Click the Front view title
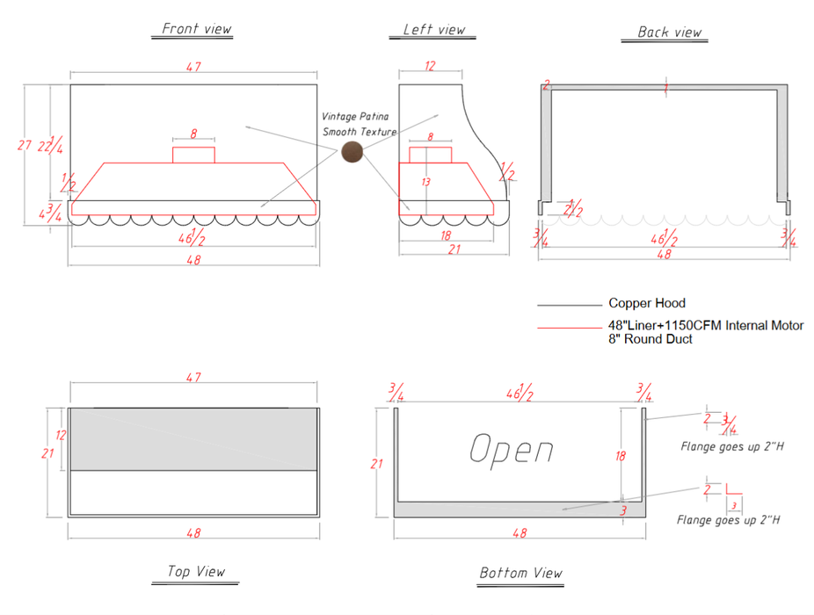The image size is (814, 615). click(197, 28)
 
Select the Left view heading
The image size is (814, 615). click(433, 29)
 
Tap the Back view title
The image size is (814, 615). click(670, 33)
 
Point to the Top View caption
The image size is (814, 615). click(196, 571)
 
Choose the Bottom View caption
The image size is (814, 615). click(520, 573)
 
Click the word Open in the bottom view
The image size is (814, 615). click(511, 449)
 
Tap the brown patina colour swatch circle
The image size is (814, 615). click(352, 152)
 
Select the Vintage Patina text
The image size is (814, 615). click(355, 116)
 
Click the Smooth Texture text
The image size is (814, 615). click(359, 132)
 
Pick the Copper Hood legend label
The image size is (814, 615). click(647, 304)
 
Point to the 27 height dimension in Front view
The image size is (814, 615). click(25, 146)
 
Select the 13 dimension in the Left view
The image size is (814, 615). click(426, 182)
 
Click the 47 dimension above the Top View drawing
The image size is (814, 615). click(193, 378)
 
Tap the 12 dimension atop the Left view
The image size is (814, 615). click(430, 67)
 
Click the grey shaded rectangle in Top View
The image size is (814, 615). click(193, 438)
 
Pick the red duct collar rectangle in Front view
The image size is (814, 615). click(193, 156)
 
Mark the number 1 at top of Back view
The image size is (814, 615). click(666, 88)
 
